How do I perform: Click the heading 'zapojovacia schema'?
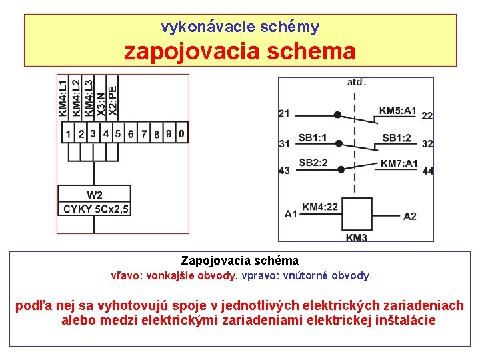coord(239,51)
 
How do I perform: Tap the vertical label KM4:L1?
coord(63,97)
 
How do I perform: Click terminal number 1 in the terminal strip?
coord(68,134)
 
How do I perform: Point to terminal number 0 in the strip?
coord(181,133)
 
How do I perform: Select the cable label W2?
coord(95,195)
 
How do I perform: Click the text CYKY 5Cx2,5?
coord(95,209)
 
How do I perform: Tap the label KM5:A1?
coord(397,111)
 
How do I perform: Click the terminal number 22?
coord(427,116)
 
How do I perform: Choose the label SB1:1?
coord(313,138)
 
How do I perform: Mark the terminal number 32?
coord(427,144)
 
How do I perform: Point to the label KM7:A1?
coord(399,164)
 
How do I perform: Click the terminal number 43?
coord(285,171)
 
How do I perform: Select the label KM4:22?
coord(320,207)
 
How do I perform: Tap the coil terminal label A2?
coord(410,216)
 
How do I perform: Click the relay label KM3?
coord(357,237)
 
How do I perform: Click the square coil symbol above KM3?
coord(356,214)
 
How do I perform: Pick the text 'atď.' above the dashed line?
coord(356,83)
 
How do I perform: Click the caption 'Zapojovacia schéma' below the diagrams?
coord(239,261)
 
